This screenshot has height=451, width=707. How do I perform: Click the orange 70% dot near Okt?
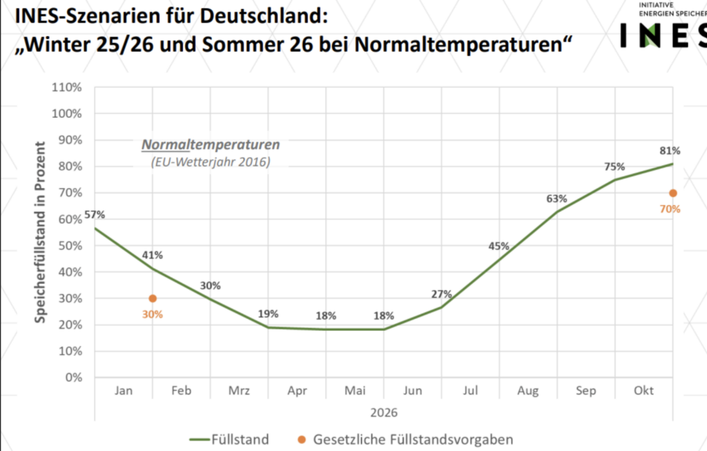[673, 193]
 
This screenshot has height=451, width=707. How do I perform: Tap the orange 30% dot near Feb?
[153, 298]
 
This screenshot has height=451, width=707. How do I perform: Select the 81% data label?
[670, 151]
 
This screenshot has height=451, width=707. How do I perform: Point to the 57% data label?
[95, 215]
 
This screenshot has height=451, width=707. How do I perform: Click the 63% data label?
[556, 199]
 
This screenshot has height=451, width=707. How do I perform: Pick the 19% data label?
[268, 314]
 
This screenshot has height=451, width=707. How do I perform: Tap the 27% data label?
[442, 294]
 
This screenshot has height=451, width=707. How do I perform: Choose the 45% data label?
[498, 246]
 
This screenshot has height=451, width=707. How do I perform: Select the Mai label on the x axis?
[355, 392]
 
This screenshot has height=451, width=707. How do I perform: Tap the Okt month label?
[643, 392]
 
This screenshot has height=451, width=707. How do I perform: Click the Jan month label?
[124, 392]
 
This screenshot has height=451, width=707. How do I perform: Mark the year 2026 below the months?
[383, 412]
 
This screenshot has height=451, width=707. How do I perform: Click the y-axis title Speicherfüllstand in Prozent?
[41, 232]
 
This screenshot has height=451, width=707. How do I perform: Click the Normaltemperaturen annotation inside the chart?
[211, 146]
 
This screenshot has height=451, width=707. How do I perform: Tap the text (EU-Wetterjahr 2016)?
[210, 162]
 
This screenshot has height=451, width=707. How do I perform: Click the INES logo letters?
[663, 35]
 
